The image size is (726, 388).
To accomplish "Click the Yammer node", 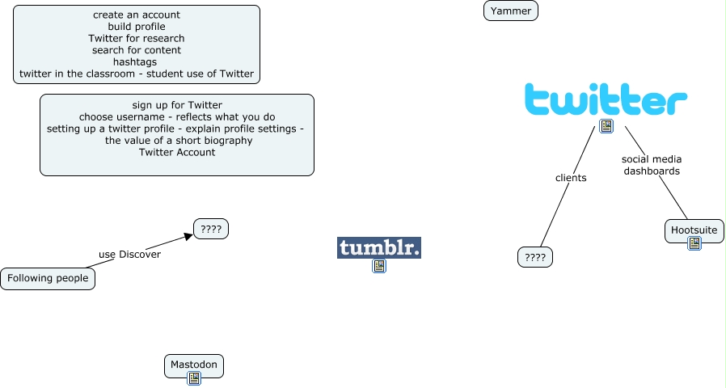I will [x=510, y=11].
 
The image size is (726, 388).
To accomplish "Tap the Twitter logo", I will [x=606, y=99].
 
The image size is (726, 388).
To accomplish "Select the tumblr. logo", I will [x=379, y=247].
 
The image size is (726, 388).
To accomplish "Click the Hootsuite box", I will [x=694, y=230].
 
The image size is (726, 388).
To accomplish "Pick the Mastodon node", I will [x=193, y=365].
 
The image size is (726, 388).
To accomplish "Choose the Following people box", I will [x=48, y=279].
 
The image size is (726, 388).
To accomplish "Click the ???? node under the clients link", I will [x=534, y=258].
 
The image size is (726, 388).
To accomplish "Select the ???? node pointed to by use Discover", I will [x=211, y=229].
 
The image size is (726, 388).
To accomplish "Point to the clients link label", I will [x=571, y=177].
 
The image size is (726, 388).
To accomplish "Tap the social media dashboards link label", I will [x=652, y=165].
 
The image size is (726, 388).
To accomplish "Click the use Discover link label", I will [x=129, y=254].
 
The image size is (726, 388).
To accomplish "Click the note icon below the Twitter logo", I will [x=606, y=126].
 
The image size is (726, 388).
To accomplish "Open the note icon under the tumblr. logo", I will [x=378, y=266].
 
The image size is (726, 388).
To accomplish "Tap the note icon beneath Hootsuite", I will [x=694, y=243].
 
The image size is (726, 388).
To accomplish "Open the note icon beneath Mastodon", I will [x=193, y=378].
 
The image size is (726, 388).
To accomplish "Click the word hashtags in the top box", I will [x=135, y=61].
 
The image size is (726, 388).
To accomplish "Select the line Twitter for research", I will [x=136, y=38].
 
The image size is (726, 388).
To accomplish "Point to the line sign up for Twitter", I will [x=176, y=105].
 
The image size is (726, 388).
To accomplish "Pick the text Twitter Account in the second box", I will [x=176, y=152].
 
